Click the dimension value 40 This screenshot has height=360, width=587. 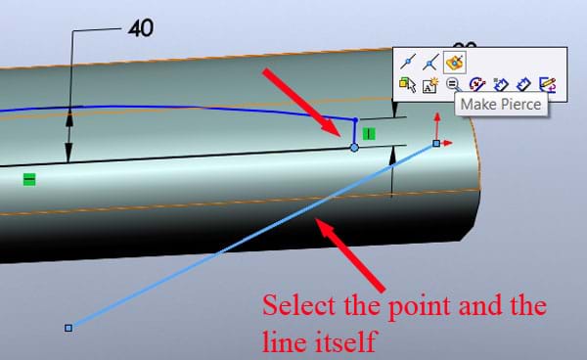(142, 28)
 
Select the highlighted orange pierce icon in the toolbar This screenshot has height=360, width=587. (454, 62)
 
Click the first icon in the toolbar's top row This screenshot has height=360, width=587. (410, 62)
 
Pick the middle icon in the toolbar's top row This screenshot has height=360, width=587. (431, 62)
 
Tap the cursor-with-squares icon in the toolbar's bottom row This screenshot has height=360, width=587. (408, 85)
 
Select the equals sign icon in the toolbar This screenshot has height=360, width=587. (453, 85)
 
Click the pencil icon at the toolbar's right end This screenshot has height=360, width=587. (548, 85)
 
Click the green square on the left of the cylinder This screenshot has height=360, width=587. (29, 179)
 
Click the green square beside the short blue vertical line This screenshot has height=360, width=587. (369, 132)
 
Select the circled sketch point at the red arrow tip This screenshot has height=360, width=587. (354, 147)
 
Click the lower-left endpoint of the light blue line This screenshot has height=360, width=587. (68, 327)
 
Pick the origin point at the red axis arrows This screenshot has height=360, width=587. (436, 143)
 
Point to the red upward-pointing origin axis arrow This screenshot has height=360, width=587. (436, 120)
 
